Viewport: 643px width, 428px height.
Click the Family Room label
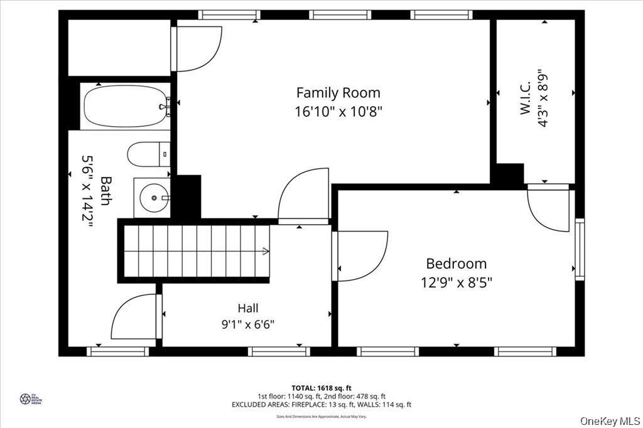pyautogui.click(x=338, y=93)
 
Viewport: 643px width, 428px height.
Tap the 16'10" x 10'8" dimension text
pyautogui.click(x=338, y=112)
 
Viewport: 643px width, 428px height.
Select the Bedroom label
pyautogui.click(x=456, y=264)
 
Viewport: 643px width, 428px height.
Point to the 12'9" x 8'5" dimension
pyautogui.click(x=456, y=282)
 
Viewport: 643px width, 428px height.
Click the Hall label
pyautogui.click(x=247, y=308)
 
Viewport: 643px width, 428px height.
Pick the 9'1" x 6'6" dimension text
pyautogui.click(x=247, y=324)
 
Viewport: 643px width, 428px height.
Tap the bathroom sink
pyautogui.click(x=151, y=198)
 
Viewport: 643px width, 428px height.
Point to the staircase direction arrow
pyautogui.click(x=266, y=252)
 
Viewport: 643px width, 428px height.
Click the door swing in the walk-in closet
pyautogui.click(x=547, y=208)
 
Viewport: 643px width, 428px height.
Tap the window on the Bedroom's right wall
pyautogui.click(x=579, y=249)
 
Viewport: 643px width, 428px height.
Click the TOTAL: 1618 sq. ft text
pyautogui.click(x=321, y=387)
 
